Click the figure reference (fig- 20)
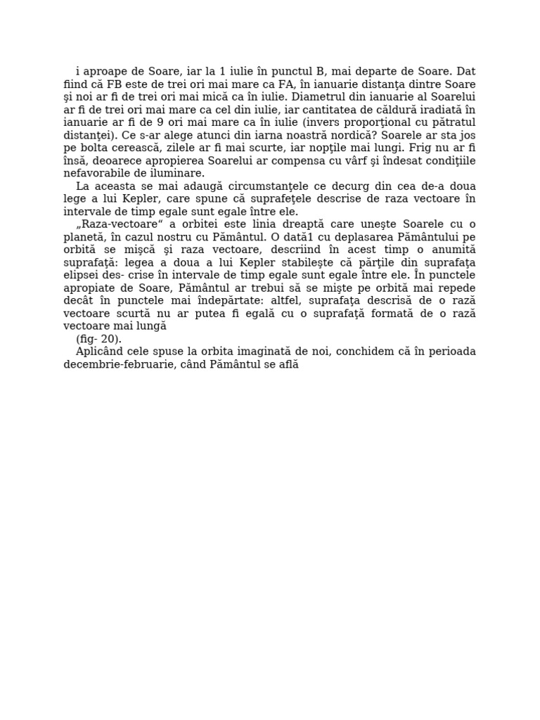(98, 339)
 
